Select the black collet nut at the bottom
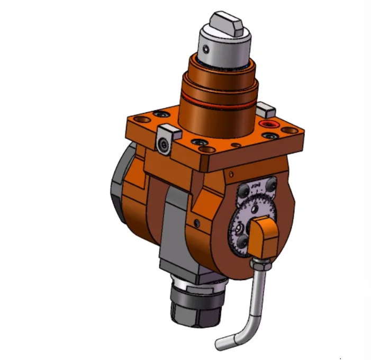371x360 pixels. coord(196,306)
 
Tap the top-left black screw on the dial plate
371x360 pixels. coord(245,190)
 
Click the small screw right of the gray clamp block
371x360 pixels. coord(197,221)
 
